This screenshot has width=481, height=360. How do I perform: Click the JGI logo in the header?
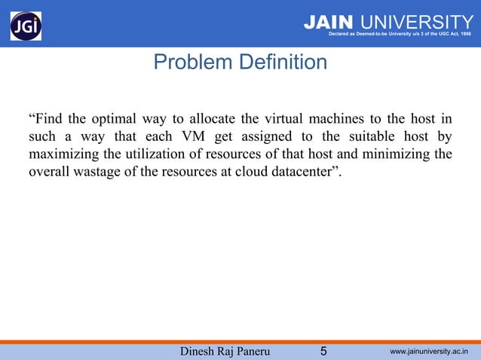point(26,26)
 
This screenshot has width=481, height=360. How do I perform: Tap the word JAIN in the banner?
point(327,23)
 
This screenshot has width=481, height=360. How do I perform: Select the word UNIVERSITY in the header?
point(414,23)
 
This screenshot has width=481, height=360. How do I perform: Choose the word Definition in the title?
point(283,62)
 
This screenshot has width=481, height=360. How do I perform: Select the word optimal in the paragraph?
point(114,120)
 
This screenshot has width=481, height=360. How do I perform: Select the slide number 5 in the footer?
point(323,350)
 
